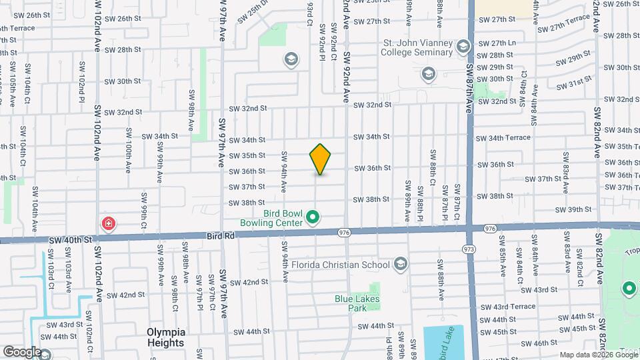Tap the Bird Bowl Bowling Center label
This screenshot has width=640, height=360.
click(274, 217)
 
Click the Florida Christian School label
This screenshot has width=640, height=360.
click(341, 265)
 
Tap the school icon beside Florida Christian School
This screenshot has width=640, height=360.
click(400, 265)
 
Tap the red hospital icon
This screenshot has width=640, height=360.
click(107, 224)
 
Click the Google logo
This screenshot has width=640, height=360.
click(21, 352)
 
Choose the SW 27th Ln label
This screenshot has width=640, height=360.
click(498, 43)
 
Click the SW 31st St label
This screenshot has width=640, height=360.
click(575, 83)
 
